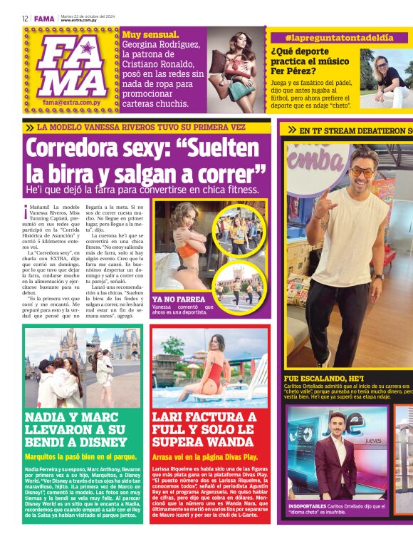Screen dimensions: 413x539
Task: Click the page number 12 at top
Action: point(25,19)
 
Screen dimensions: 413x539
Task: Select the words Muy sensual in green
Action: point(151,34)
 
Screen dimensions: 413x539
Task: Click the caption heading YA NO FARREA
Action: point(179,299)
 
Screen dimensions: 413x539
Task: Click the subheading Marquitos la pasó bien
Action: point(80,456)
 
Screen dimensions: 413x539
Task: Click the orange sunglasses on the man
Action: point(361,173)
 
